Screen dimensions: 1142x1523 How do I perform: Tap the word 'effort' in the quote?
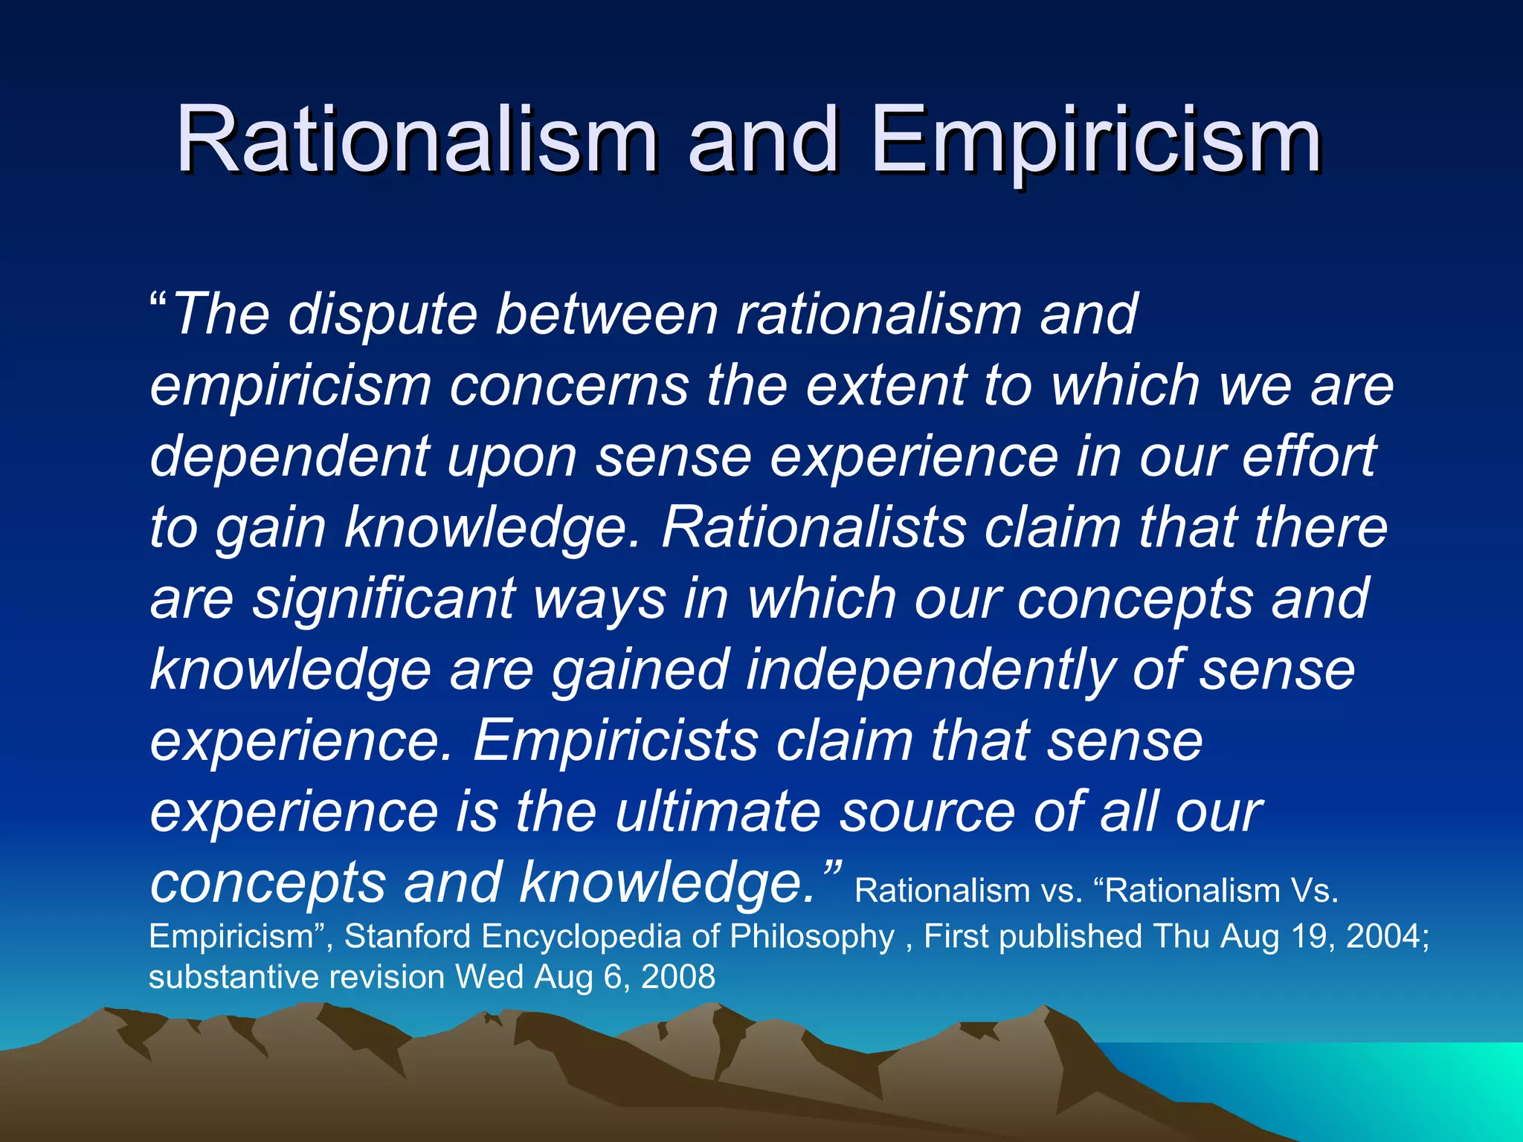pos(1309,457)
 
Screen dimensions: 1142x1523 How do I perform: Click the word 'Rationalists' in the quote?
pos(814,528)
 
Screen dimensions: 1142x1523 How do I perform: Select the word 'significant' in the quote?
pos(384,599)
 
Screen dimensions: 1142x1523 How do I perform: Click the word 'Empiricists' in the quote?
pos(616,741)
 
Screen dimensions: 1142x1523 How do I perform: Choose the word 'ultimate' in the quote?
pos(718,812)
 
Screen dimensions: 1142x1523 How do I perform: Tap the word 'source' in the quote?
pos(927,812)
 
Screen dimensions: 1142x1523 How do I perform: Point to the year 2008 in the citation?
pos(677,977)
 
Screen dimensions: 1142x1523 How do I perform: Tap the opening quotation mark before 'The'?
pos(158,303)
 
